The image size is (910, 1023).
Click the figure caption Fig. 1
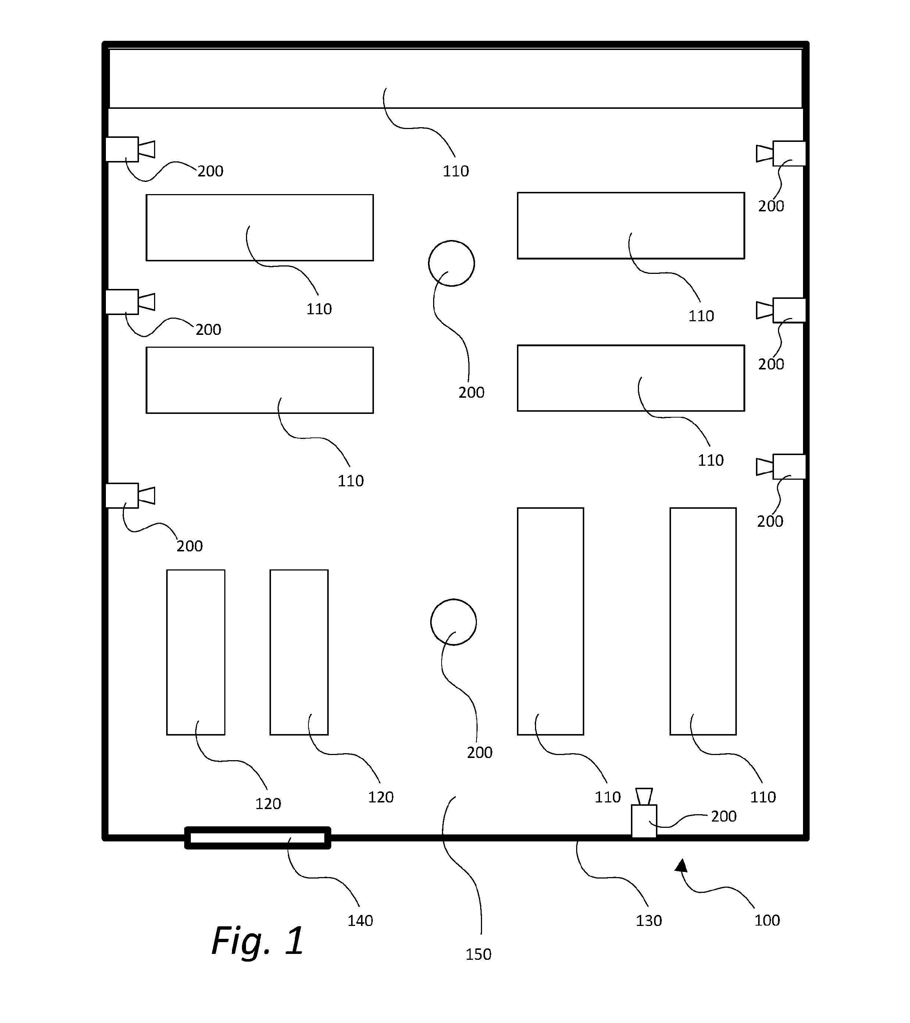point(258,941)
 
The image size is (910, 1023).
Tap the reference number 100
point(767,920)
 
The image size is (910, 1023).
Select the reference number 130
point(649,921)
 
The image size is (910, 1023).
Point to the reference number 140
point(360,921)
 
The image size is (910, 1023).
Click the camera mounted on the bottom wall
point(644,813)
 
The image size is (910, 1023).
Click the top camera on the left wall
point(130,149)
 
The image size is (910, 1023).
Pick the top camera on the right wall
point(781,153)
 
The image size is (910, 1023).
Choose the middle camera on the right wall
point(781,310)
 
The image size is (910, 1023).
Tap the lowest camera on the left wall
point(130,496)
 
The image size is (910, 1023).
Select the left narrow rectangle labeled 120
point(196,652)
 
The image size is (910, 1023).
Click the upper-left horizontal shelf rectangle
point(260,228)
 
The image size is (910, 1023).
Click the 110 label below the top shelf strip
point(456,172)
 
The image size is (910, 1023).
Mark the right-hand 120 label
point(381,797)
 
